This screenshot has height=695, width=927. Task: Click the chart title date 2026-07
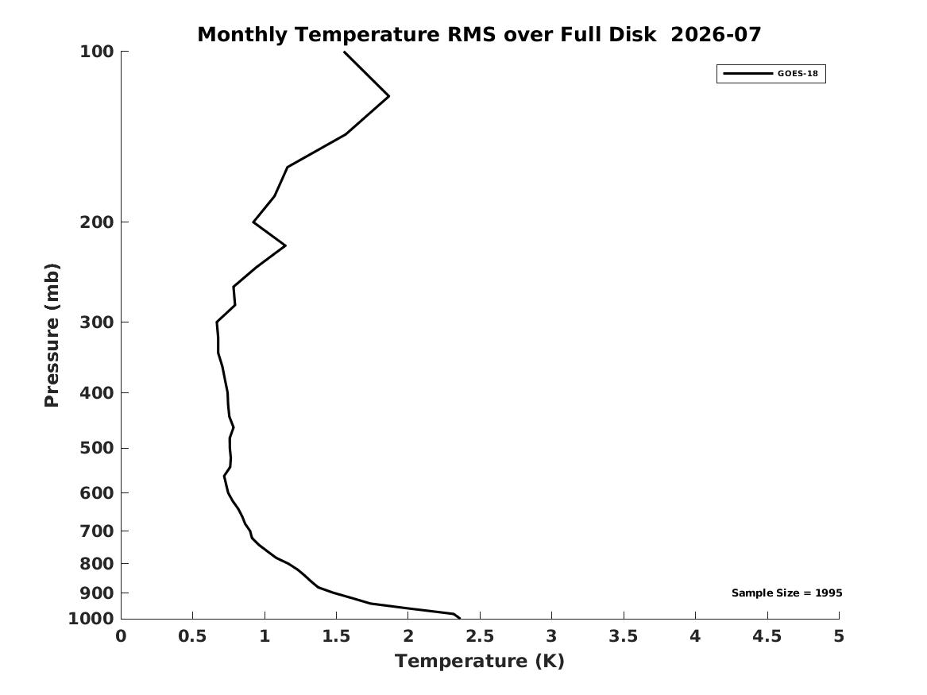coord(716,34)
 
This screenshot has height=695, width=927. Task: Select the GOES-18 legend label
coord(798,73)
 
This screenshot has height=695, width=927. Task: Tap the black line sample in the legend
coord(747,73)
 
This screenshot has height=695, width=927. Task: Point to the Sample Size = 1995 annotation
coord(787,593)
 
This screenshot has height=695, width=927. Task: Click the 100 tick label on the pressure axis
coord(96,52)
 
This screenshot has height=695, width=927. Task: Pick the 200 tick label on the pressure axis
coord(96,222)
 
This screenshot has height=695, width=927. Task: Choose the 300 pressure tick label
coord(96,322)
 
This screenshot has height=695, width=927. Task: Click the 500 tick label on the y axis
coord(96,448)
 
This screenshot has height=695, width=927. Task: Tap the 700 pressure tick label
coord(96,531)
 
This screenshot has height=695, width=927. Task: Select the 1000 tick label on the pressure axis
coord(91,618)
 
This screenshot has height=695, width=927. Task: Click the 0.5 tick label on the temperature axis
coord(193,636)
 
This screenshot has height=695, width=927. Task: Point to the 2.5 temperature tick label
coord(480,636)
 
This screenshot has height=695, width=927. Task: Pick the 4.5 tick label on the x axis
coord(767,636)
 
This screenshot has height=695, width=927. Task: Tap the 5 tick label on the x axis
coord(839,636)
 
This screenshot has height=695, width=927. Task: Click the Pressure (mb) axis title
coord(52,335)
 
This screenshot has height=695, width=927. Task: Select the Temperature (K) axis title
coord(480,661)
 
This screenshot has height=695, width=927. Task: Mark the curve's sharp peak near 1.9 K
coord(388,96)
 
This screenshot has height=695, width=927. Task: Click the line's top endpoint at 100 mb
coord(345,52)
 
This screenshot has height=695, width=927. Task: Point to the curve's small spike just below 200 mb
coord(285,245)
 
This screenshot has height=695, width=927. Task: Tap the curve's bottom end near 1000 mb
coord(459,618)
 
